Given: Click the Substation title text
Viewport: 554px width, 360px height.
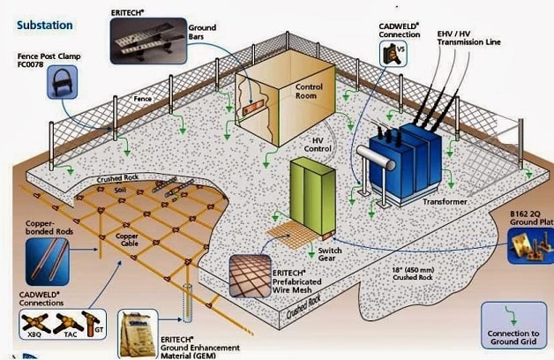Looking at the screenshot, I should pyautogui.click(x=43, y=25).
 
